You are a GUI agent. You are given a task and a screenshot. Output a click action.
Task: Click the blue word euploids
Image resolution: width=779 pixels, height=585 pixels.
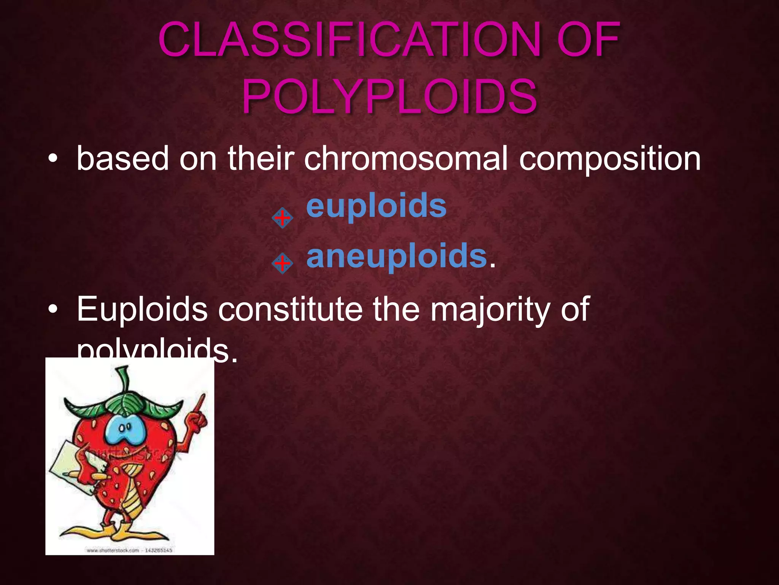point(376,206)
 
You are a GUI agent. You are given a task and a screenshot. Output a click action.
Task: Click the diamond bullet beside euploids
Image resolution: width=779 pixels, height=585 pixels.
point(282,218)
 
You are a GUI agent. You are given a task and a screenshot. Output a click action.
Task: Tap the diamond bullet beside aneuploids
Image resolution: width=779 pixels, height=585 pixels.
point(282,263)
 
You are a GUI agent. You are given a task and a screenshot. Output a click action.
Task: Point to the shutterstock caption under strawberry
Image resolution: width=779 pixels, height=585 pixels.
point(129,550)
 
